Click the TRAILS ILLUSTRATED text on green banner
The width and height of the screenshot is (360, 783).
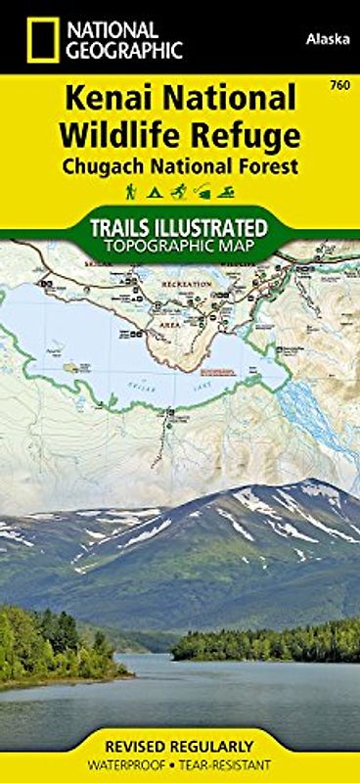tap(180, 228)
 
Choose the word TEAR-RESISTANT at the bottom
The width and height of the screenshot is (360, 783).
tap(226, 762)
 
